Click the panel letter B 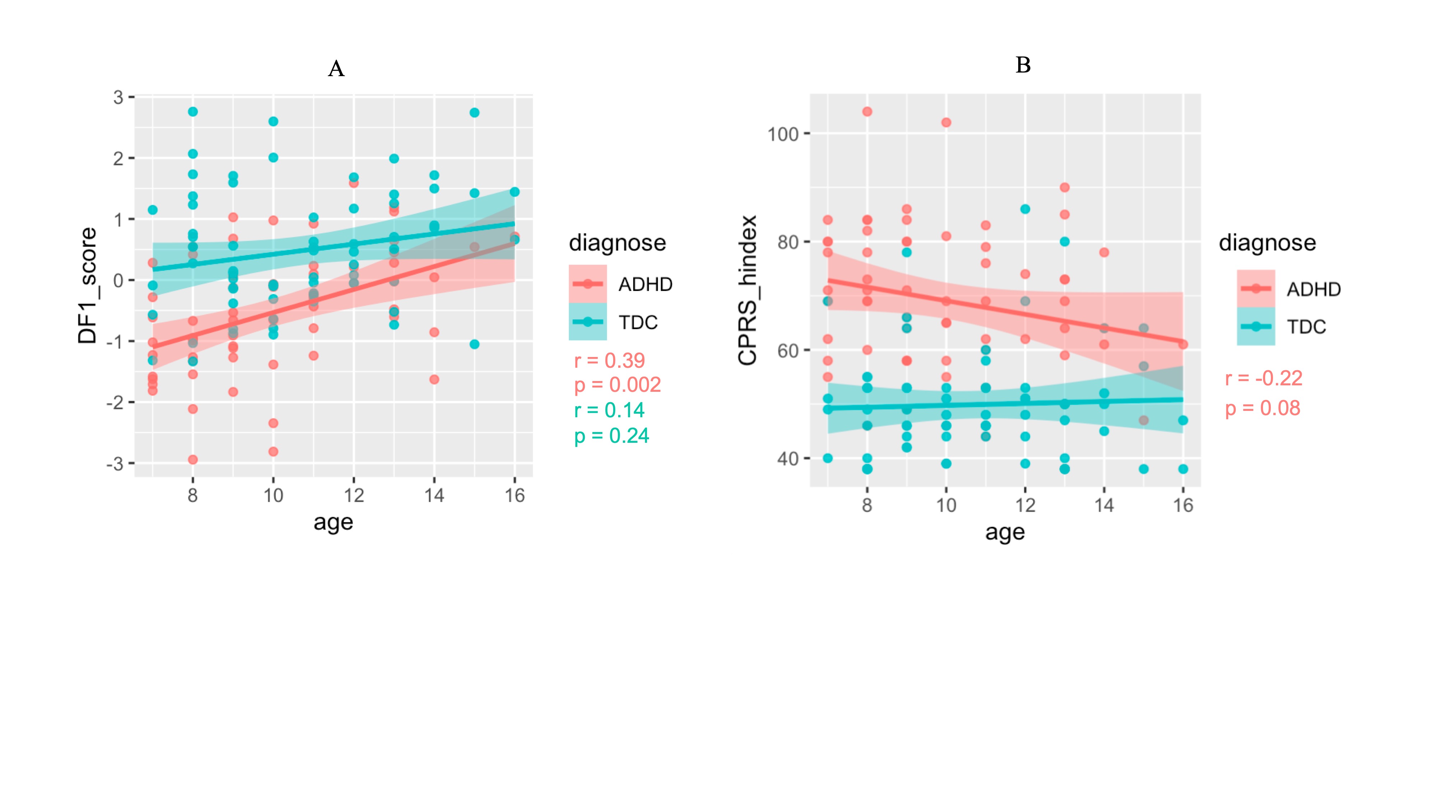(x=1023, y=65)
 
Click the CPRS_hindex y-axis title (x=747, y=290)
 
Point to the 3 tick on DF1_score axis (x=118, y=98)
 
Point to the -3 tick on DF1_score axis (x=115, y=463)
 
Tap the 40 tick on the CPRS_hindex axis (x=788, y=459)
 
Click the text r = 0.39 (x=609, y=361)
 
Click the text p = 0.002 (x=617, y=385)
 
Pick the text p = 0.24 (x=611, y=436)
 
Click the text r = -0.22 (x=1263, y=379)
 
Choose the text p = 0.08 (x=1262, y=408)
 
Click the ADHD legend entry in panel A (x=645, y=284)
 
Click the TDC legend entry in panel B (x=1306, y=327)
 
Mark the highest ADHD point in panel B (x=867, y=112)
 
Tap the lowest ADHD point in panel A (x=193, y=460)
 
